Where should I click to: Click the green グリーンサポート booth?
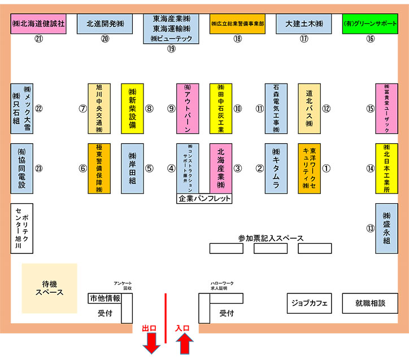coord(371,24)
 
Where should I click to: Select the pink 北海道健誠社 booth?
coord(38,24)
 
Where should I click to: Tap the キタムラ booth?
coord(276,168)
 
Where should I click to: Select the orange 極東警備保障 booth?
coord(99,168)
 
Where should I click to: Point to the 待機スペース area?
coord(50,288)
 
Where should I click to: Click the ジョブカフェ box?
coord(309,303)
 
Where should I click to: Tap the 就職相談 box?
coord(371,303)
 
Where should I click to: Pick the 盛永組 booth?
coord(387,228)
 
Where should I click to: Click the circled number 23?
coord(39,168)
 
